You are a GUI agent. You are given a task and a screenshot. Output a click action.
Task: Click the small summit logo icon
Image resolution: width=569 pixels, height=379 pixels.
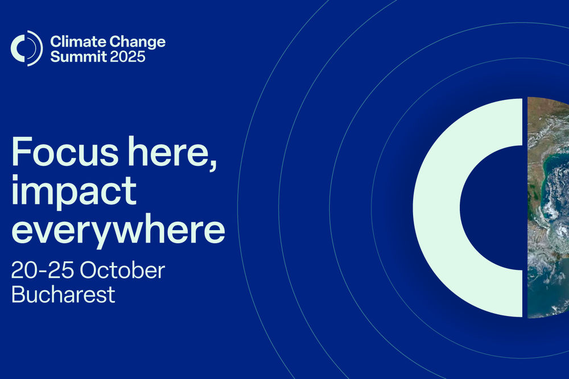click(x=27, y=48)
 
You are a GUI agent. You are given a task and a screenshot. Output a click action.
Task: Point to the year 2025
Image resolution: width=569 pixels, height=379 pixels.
click(x=127, y=56)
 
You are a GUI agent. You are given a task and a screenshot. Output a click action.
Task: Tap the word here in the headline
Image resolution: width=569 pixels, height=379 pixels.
click(x=169, y=152)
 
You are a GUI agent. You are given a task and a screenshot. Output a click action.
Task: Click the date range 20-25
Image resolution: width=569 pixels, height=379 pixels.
click(x=43, y=270)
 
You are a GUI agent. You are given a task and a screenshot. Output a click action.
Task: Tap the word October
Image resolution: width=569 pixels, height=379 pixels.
click(x=122, y=270)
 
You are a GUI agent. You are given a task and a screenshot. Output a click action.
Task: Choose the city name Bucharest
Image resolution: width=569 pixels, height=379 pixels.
click(x=64, y=294)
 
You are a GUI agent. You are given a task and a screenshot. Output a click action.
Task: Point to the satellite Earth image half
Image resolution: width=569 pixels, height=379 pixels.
click(x=548, y=207)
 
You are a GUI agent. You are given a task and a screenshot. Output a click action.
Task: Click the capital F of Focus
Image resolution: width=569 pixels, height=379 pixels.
click(x=22, y=152)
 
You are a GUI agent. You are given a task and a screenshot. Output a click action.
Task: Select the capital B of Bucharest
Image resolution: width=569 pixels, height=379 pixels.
click(x=19, y=294)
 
